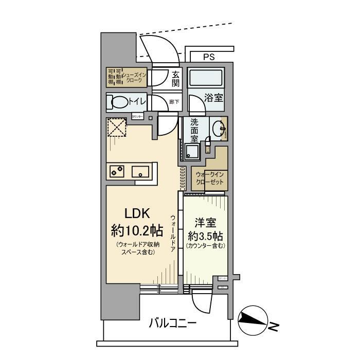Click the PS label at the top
[x=209, y=57]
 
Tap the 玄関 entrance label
[x=175, y=79]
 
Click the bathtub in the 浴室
[x=205, y=79]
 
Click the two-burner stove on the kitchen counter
[x=117, y=171]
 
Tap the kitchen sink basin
[x=140, y=171]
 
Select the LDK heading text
[x=136, y=213]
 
